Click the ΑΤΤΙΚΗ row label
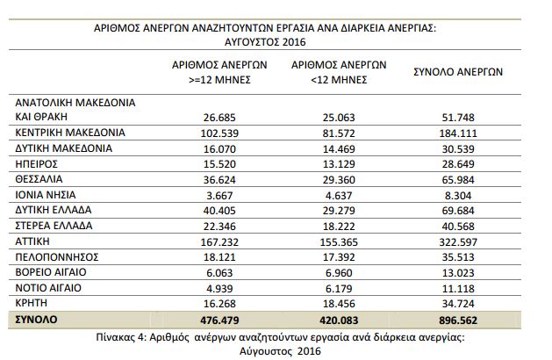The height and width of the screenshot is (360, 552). tap(32, 241)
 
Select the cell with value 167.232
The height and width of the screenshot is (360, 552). tap(219, 242)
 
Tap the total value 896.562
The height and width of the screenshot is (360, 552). tap(458, 320)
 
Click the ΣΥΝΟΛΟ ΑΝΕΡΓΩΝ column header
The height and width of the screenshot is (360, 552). tap(458, 72)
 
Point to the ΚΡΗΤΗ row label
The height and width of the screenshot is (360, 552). tap(31, 303)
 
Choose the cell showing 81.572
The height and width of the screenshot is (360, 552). tap(339, 133)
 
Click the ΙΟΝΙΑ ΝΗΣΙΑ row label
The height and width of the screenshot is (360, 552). tap(46, 195)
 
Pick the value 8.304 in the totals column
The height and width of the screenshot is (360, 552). tap(458, 196)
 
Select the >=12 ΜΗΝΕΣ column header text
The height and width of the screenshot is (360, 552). tap(219, 80)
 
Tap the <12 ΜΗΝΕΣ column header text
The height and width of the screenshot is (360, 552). tap(339, 80)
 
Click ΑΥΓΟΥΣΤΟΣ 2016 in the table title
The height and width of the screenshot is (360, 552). tap(265, 42)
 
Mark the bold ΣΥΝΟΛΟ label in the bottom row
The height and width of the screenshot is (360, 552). tap(36, 320)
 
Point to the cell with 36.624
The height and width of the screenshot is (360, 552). tap(219, 180)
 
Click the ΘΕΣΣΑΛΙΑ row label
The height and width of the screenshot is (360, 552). tap(39, 179)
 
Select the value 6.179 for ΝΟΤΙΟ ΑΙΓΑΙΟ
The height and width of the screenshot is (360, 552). tap(339, 289)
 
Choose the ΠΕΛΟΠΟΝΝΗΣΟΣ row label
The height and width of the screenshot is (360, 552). tap(57, 257)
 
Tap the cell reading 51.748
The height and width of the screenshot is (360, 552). tap(458, 118)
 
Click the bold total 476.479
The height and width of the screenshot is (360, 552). tap(219, 320)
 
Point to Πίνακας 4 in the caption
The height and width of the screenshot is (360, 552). tap(121, 337)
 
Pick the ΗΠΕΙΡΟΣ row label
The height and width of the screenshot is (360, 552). tap(36, 164)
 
